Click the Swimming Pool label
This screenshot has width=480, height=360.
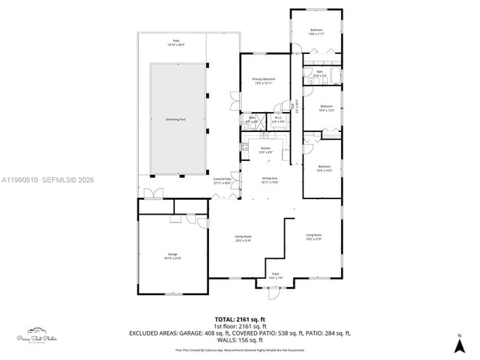click(176, 118)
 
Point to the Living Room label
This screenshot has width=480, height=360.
click(314, 236)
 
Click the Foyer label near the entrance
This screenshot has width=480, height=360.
click(275, 275)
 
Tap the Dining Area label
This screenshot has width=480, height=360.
click(270, 179)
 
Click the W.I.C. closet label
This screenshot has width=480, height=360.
click(278, 119)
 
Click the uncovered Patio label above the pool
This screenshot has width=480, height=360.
click(176, 42)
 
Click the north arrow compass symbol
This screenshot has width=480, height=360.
click(459, 343)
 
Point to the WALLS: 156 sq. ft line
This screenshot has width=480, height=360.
click(239, 341)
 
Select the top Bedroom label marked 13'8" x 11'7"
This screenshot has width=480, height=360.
click(315, 32)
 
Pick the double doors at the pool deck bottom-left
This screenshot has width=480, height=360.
click(154, 193)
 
